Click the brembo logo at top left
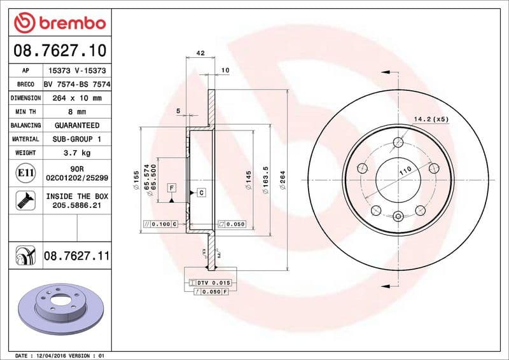coord(59,23)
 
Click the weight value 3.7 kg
coord(76,153)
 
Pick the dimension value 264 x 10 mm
coord(76,99)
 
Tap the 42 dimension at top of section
coord(200,53)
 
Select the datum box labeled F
coord(171,188)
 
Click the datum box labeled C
coord(201,192)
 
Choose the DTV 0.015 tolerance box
coord(209,282)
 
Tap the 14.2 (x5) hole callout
coord(431,119)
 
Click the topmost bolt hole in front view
coord(398,142)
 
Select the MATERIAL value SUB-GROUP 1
coord(76,139)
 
